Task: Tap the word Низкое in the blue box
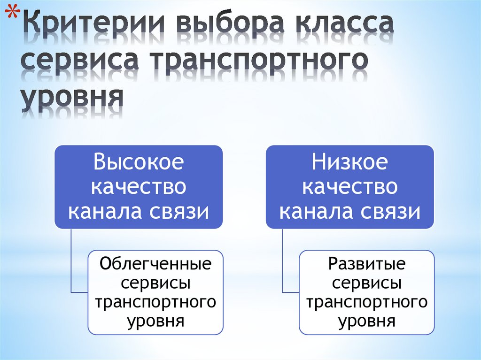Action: [x=350, y=162]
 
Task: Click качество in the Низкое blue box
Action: [x=350, y=187]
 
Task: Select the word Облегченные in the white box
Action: [x=156, y=264]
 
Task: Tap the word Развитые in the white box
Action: [x=367, y=264]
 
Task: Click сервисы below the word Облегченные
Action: [x=156, y=283]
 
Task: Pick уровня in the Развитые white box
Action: [x=367, y=322]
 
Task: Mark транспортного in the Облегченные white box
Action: [x=156, y=302]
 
